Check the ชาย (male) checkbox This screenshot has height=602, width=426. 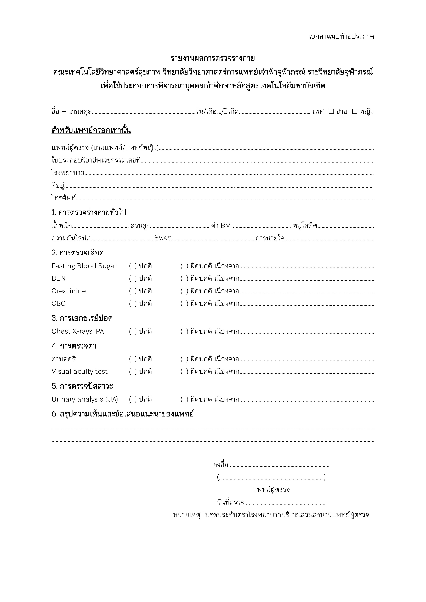coord(331,111)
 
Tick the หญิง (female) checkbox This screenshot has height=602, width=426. coord(355,111)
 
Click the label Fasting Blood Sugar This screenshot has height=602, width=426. coord(84,266)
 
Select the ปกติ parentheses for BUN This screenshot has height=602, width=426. coord(133,279)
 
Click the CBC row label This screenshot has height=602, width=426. coord(59,304)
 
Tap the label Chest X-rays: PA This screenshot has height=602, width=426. coord(78,331)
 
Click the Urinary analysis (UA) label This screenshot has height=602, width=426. coord(85,399)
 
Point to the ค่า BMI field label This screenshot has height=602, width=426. coord(222,226)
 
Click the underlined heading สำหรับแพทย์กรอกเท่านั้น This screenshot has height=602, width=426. coord(91,130)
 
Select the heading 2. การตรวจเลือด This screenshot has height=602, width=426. coord(78,253)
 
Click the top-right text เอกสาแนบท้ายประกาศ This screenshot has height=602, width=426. coord(341,36)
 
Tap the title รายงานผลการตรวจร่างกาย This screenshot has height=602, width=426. coord(213,58)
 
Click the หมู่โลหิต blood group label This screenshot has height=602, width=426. coord(305,226)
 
